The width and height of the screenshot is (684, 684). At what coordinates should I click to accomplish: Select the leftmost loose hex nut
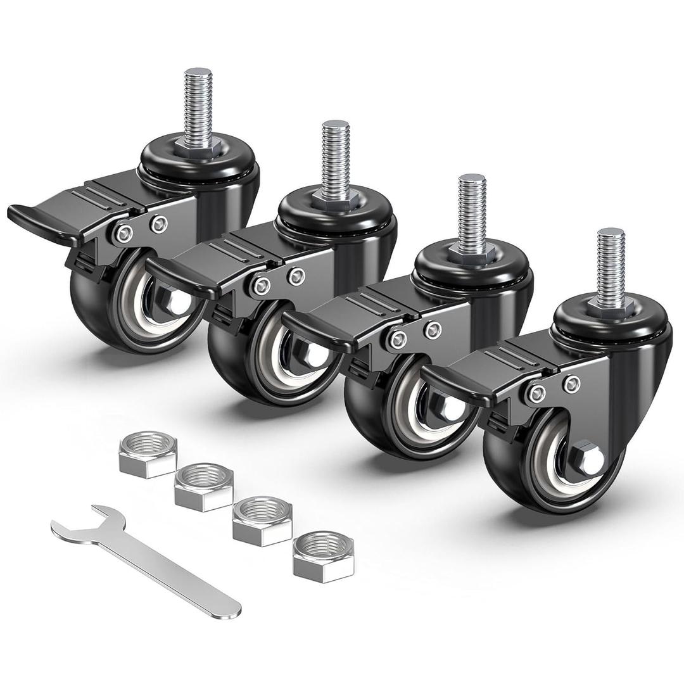(148, 452)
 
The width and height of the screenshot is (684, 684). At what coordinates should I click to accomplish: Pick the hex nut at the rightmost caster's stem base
(611, 306)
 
